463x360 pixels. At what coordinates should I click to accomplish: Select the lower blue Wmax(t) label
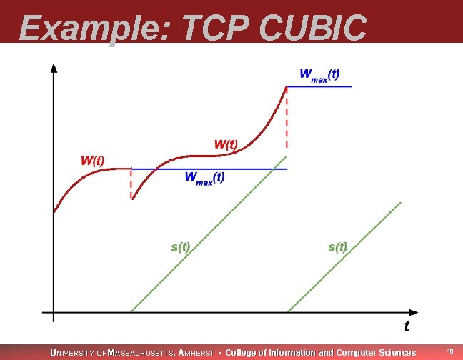pyautogui.click(x=204, y=178)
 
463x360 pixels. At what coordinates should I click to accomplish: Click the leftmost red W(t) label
pyautogui.click(x=92, y=160)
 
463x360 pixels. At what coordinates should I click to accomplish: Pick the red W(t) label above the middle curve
pyautogui.click(x=226, y=144)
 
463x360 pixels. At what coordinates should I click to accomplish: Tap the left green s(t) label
pyautogui.click(x=180, y=247)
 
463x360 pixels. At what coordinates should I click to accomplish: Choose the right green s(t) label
pyautogui.click(x=337, y=247)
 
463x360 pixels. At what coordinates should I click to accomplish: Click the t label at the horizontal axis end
pyautogui.click(x=407, y=326)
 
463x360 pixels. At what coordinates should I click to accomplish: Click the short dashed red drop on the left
pyautogui.click(x=131, y=184)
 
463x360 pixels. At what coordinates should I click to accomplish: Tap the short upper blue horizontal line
pyautogui.click(x=319, y=86)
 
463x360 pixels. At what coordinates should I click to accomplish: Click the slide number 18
pyautogui.click(x=450, y=351)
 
